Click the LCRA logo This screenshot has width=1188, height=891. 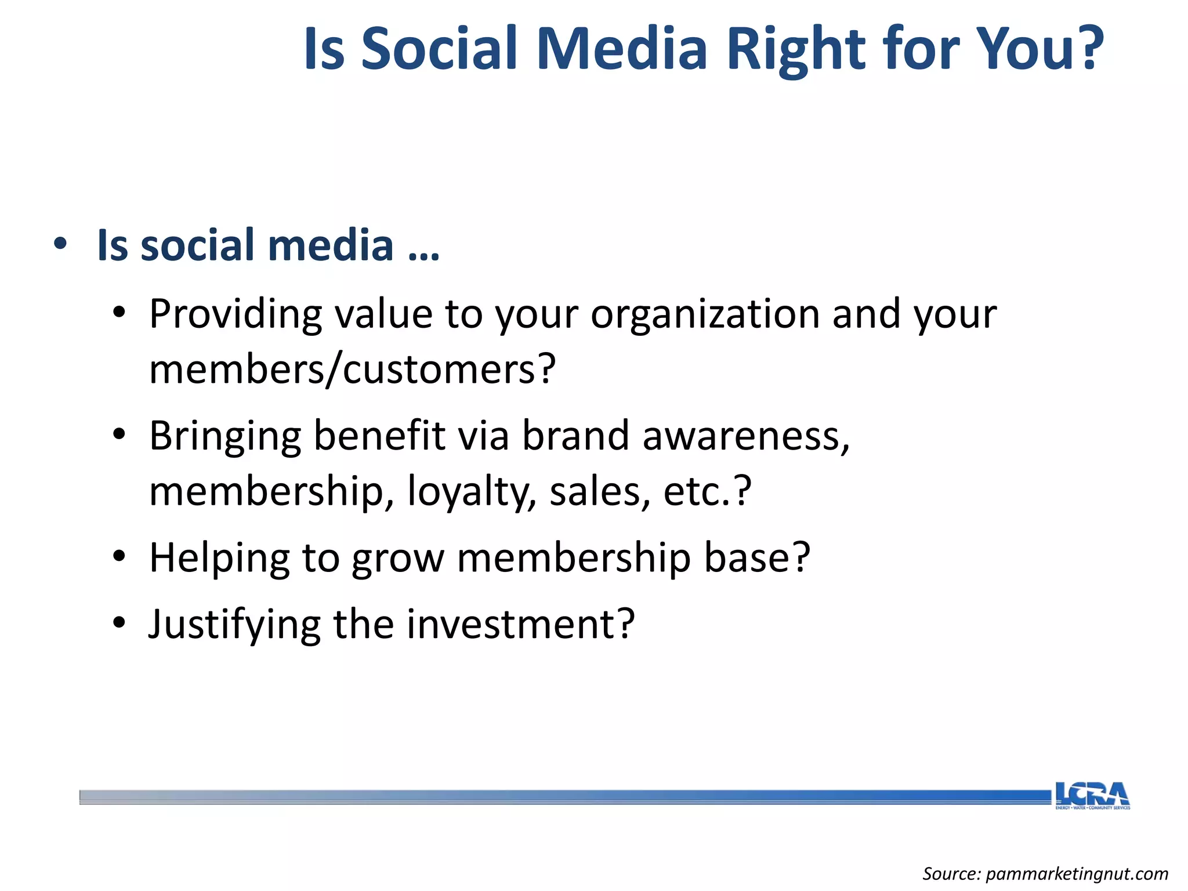point(1092,795)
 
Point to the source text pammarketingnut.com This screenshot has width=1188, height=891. point(1077,874)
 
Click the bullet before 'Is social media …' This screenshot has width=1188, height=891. point(60,244)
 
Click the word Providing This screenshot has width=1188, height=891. point(235,315)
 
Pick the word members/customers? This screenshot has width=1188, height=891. point(352,370)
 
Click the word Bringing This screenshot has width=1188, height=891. point(225,437)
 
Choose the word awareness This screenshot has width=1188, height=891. point(745,437)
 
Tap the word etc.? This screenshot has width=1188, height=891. point(707,491)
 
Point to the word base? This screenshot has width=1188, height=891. point(756,558)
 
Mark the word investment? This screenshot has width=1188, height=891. point(520,625)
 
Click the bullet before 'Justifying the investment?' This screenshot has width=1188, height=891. point(119,624)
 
